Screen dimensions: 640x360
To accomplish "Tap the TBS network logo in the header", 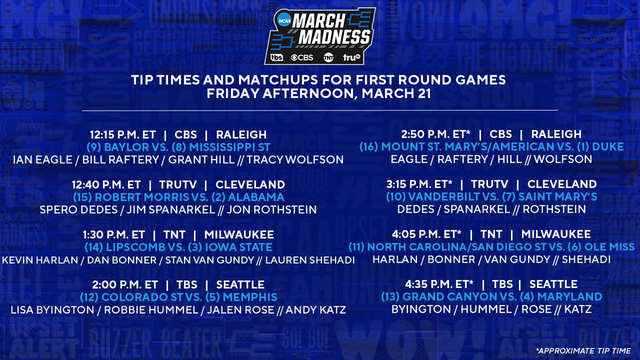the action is (x=277, y=58).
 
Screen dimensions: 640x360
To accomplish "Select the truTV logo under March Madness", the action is (x=351, y=58).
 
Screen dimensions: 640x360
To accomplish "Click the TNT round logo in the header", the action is (x=329, y=58).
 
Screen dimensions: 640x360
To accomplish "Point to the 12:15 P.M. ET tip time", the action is (x=123, y=134).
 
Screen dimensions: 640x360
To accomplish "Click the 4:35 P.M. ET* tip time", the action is (x=439, y=284).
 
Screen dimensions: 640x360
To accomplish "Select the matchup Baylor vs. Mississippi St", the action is (x=178, y=147).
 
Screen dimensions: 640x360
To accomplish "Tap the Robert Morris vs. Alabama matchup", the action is (x=179, y=197).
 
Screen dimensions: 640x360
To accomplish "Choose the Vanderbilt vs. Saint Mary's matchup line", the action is (x=491, y=197).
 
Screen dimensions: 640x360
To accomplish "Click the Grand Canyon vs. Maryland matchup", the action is (x=491, y=297).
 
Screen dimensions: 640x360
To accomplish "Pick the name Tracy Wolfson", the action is (x=295, y=159).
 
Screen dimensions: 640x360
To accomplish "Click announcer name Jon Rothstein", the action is (x=271, y=210).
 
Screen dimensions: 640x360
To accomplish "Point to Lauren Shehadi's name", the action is (x=310, y=260).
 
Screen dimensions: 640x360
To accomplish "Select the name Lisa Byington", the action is (x=52, y=310).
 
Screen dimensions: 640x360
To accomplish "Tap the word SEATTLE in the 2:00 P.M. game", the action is (x=241, y=285).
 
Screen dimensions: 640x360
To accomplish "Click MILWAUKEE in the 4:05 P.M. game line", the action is (x=556, y=234).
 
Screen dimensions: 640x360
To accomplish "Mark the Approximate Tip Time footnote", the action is (x=583, y=350).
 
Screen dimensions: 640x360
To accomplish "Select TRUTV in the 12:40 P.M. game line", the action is (x=178, y=185).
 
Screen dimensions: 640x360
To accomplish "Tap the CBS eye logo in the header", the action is (x=302, y=58).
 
